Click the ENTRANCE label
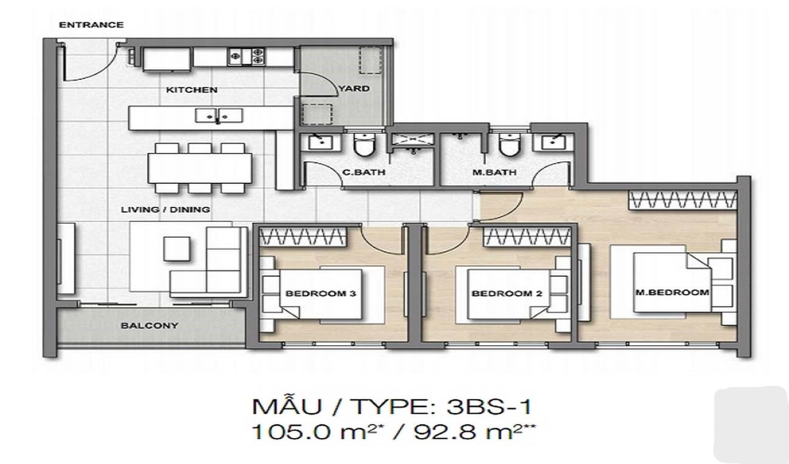pyautogui.click(x=91, y=25)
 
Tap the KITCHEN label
pyautogui.click(x=192, y=90)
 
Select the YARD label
pyautogui.click(x=354, y=89)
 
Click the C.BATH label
pyautogui.click(x=364, y=172)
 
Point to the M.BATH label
pyautogui.click(x=495, y=172)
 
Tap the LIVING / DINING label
pyautogui.click(x=166, y=210)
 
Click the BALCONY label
pyautogui.click(x=150, y=326)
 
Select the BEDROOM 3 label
pyautogui.click(x=321, y=293)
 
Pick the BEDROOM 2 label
pyautogui.click(x=507, y=293)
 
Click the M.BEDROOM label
pyautogui.click(x=672, y=292)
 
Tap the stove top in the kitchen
pyautogui.click(x=246, y=56)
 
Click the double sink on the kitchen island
pyautogui.click(x=219, y=116)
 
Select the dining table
pyautogui.click(x=200, y=168)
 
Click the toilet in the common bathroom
pyautogui.click(x=365, y=144)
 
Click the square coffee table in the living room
pyautogui.click(x=177, y=249)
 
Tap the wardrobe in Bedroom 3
pyautogui.click(x=303, y=237)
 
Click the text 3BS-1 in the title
pyautogui.click(x=489, y=407)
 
